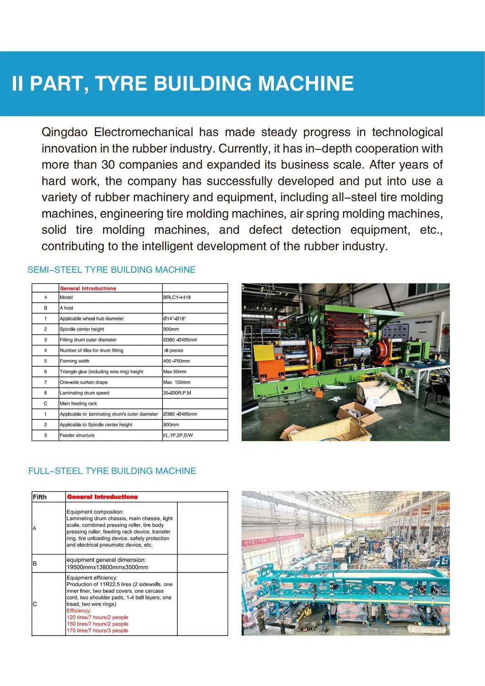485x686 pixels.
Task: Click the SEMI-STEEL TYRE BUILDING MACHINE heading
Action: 111,270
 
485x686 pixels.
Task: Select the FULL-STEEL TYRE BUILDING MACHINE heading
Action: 112,471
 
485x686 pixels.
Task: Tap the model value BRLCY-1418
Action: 177,297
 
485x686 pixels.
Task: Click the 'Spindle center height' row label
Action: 82,329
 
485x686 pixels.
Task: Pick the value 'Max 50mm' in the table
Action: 174,372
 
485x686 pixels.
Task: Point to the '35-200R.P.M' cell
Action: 177,393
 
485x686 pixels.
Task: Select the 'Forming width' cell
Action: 75,361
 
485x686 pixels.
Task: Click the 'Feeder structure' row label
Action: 77,436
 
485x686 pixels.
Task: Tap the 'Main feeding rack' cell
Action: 78,403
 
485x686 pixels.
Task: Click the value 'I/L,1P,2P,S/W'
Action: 178,436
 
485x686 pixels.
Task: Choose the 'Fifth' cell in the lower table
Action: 40,497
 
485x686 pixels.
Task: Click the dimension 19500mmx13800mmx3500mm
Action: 108,567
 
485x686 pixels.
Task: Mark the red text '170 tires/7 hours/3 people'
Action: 98,631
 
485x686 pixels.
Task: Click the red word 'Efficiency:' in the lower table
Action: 79,610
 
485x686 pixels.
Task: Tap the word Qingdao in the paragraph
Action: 64,132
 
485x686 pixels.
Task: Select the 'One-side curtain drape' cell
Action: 84,382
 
